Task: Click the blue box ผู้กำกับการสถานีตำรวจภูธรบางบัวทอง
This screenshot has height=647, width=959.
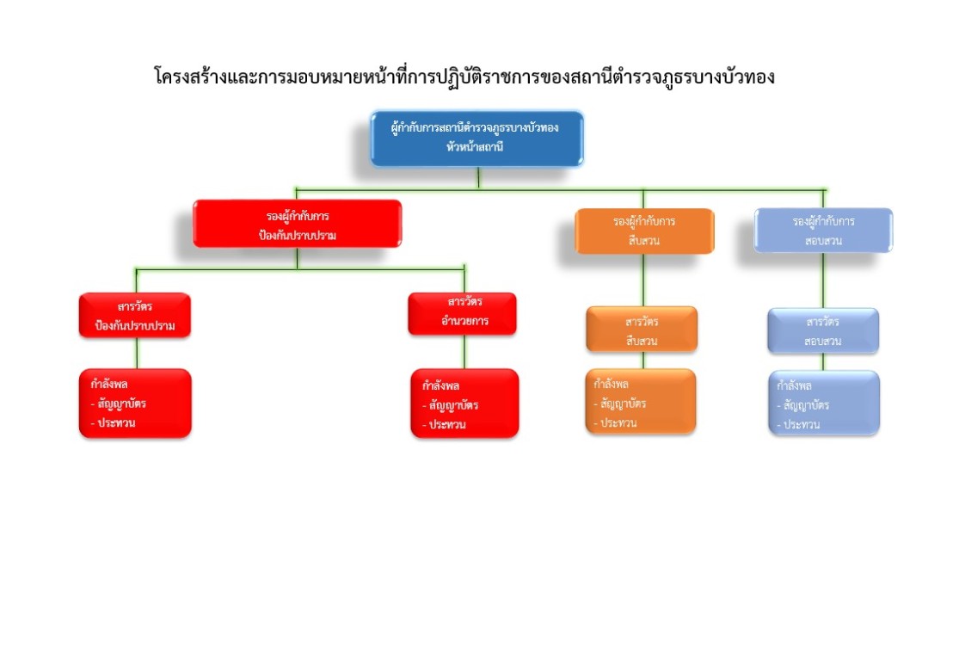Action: click(x=476, y=138)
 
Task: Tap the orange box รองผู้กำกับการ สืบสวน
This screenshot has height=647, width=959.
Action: click(x=644, y=231)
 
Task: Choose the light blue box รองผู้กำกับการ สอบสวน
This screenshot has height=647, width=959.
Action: click(x=823, y=231)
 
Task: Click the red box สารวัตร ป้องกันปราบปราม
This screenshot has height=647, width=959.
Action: click(x=135, y=315)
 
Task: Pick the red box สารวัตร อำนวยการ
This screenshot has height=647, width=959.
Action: click(x=463, y=313)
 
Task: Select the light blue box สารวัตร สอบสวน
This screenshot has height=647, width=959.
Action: click(x=823, y=331)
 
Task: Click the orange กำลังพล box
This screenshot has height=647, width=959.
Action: click(x=640, y=401)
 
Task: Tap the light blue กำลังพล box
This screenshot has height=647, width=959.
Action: click(x=824, y=403)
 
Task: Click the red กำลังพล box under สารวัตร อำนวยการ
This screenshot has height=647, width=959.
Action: click(x=464, y=404)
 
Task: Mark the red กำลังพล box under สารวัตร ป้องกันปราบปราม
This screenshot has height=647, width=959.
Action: click(x=134, y=402)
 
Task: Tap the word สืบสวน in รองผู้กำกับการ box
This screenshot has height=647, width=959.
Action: click(x=644, y=241)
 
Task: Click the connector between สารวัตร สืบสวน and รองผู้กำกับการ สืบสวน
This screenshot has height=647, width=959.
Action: click(x=643, y=280)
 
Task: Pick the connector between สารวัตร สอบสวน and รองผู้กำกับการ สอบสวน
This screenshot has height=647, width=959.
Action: click(x=823, y=280)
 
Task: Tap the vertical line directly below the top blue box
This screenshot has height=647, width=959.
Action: click(x=477, y=176)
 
